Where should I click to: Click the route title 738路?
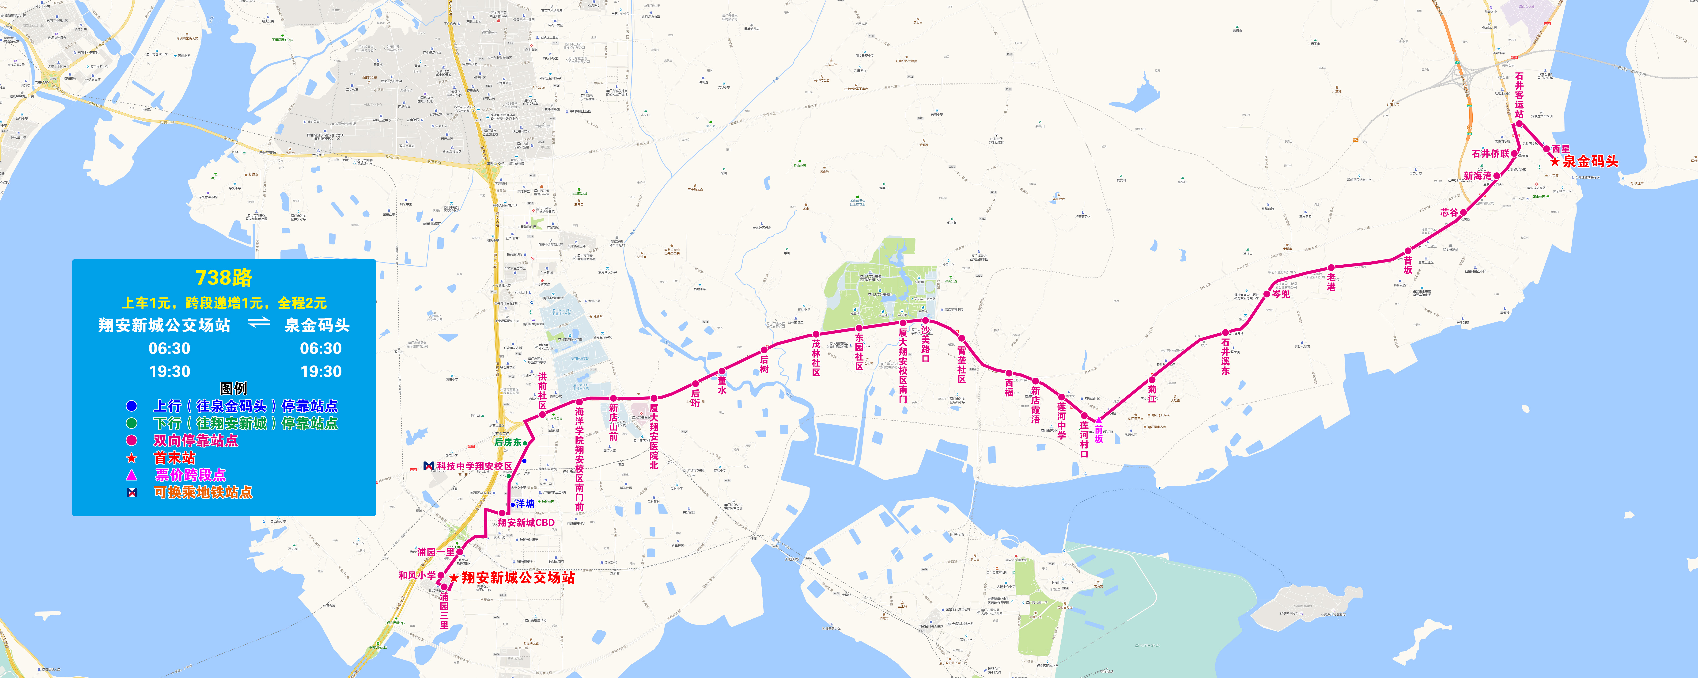223,278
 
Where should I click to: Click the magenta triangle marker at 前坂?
1098,420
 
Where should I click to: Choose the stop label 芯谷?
1449,212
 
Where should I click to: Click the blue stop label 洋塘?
525,504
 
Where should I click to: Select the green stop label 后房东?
507,442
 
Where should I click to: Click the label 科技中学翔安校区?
474,466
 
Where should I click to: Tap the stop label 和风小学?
417,575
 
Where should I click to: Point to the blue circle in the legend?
132,406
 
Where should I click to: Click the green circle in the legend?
132,423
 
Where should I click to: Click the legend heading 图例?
233,389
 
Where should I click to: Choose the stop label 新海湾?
1477,176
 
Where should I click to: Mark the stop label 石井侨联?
1490,154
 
